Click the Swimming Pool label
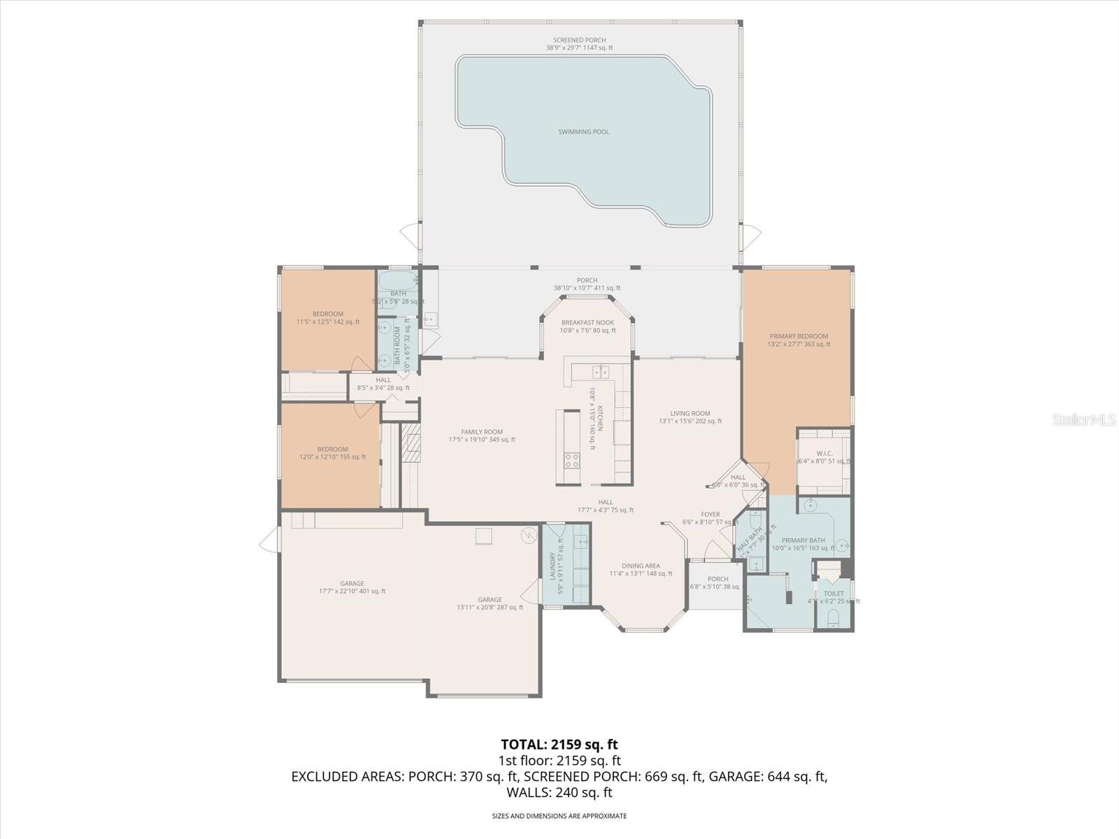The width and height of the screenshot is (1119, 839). [x=583, y=131]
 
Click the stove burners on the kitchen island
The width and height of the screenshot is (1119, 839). [x=571, y=459]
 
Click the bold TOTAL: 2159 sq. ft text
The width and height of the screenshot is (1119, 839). [x=559, y=745]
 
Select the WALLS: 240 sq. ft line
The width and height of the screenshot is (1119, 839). [x=559, y=792]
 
